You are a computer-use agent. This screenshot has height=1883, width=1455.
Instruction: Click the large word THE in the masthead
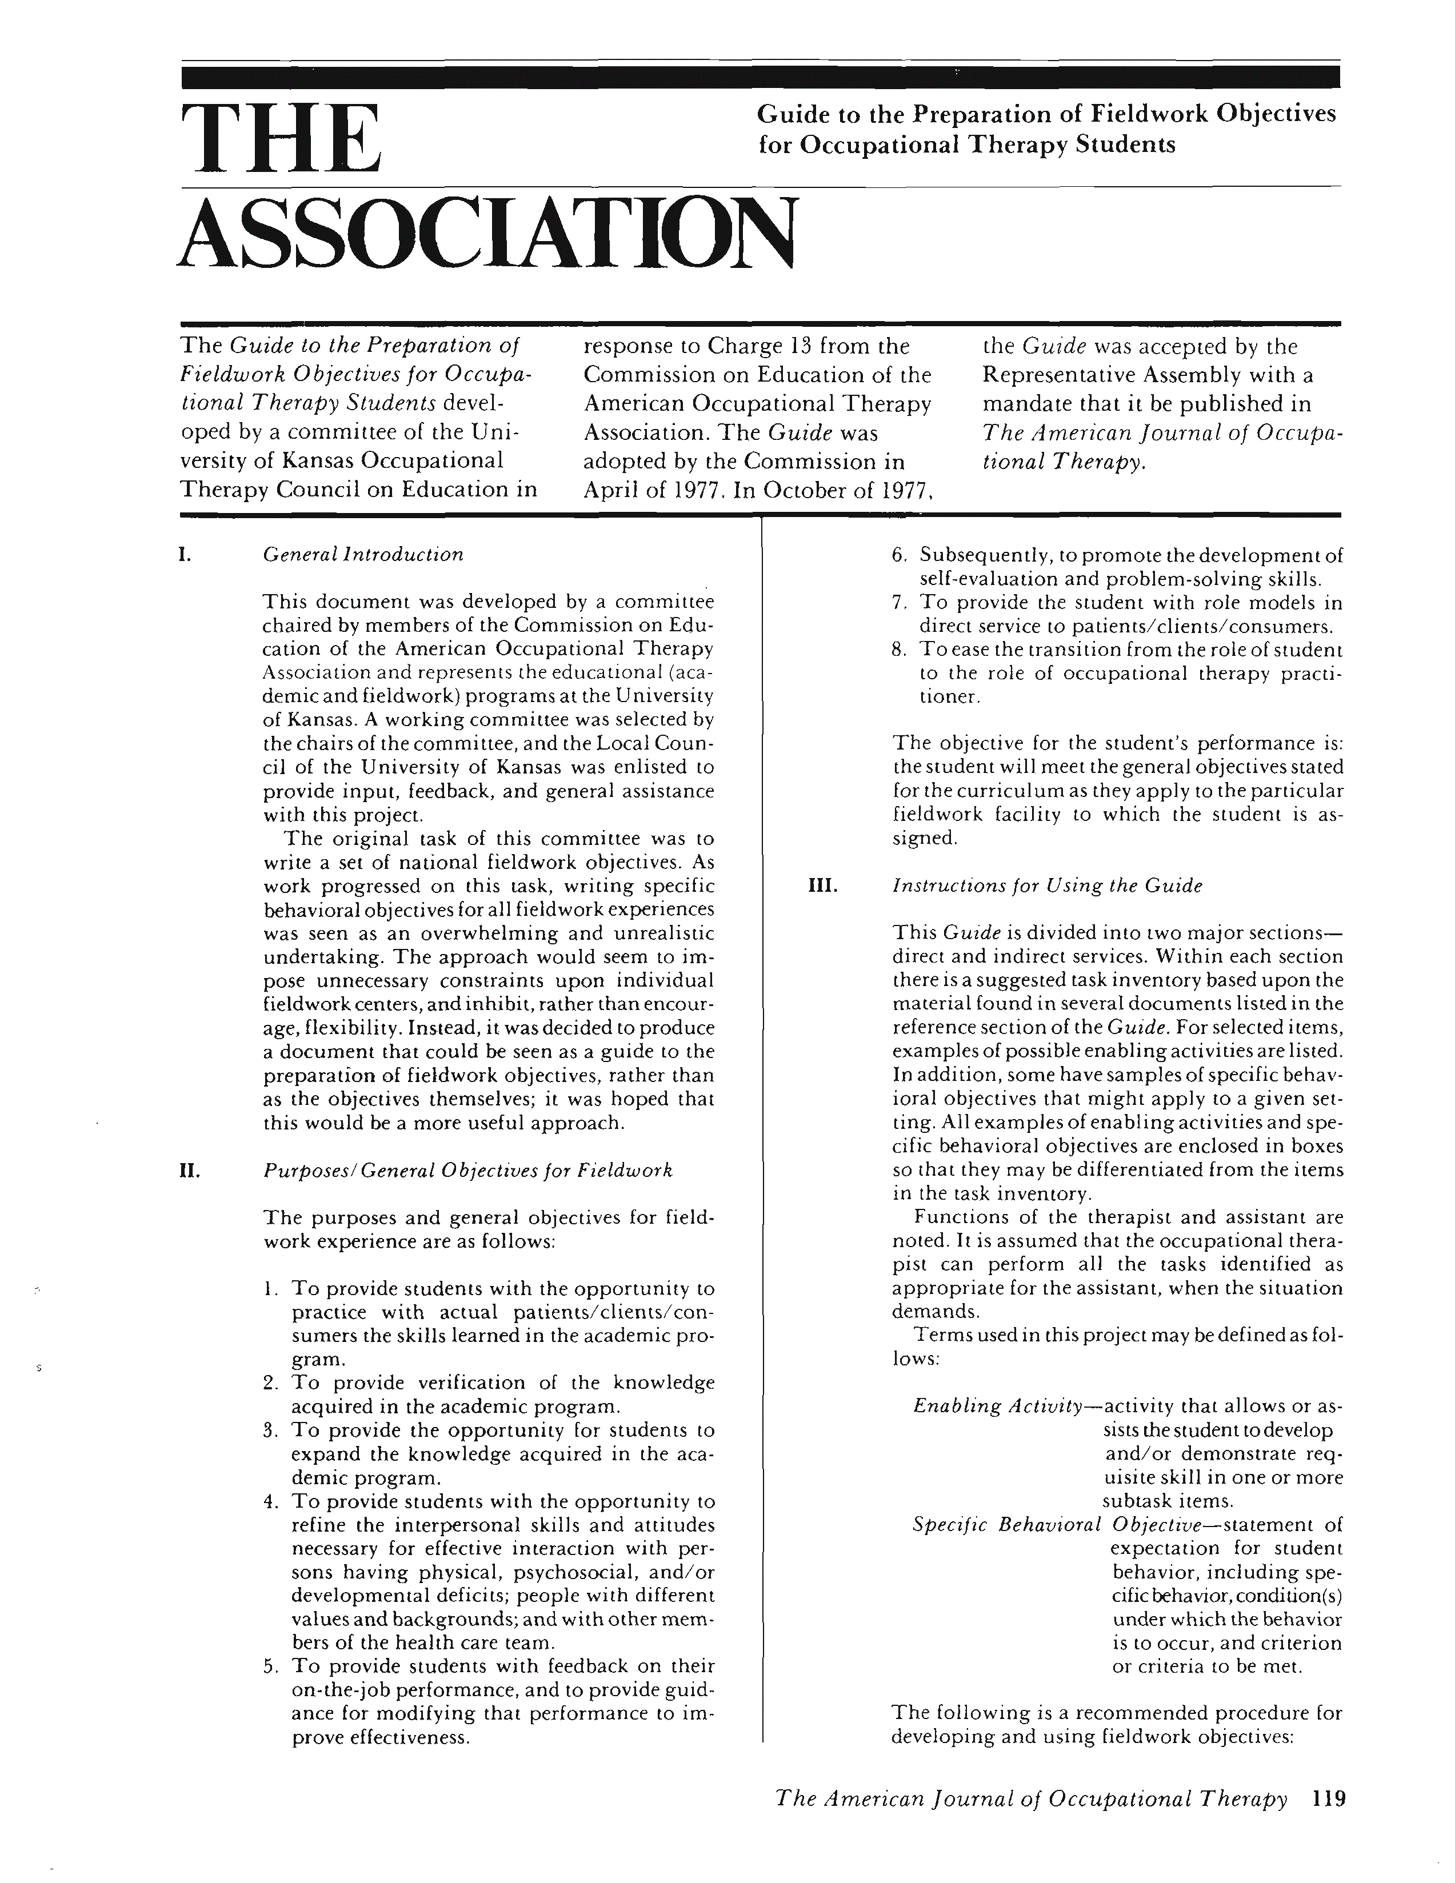pyautogui.click(x=280, y=138)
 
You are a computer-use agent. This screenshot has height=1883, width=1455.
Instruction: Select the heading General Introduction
pyautogui.click(x=363, y=554)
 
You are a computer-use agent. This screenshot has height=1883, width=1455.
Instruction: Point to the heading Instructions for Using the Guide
pyautogui.click(x=1046, y=886)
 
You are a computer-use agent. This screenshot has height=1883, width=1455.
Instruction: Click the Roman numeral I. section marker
pyautogui.click(x=183, y=554)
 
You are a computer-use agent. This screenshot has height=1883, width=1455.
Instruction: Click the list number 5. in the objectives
pyautogui.click(x=270, y=1666)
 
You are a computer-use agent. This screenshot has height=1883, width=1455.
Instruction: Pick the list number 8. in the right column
pyautogui.click(x=899, y=649)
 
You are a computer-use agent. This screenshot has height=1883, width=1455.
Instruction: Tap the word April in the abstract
pyautogui.click(x=613, y=491)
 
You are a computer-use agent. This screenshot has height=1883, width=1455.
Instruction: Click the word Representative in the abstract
pyautogui.click(x=1058, y=375)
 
